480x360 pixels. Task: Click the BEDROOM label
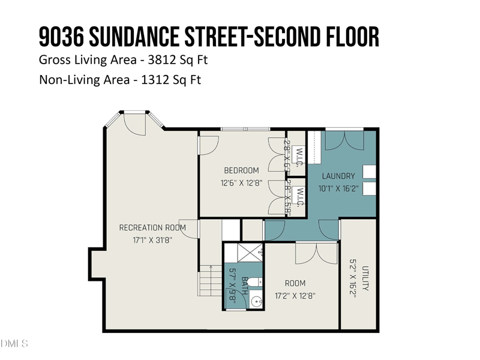(x=241, y=170)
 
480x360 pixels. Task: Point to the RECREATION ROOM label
(x=152, y=227)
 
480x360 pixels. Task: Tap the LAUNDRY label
(x=338, y=176)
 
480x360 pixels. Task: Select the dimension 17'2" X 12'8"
(x=295, y=295)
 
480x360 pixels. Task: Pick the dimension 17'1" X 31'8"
(x=152, y=239)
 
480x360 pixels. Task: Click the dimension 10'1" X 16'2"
(x=338, y=188)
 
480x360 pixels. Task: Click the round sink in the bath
(x=257, y=301)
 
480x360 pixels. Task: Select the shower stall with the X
(x=243, y=253)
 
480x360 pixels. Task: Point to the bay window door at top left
(x=134, y=122)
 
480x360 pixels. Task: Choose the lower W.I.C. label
(x=299, y=197)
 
